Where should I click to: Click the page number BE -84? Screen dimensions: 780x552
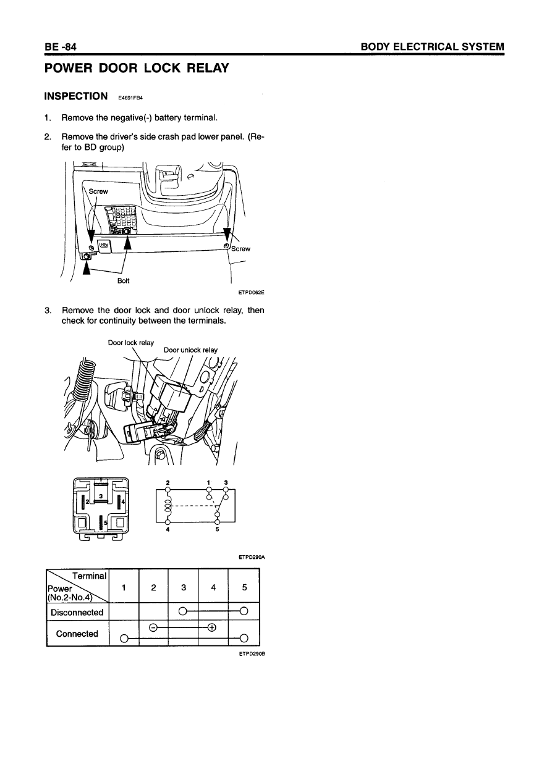point(59,47)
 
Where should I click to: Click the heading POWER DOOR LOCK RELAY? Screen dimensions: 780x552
point(137,68)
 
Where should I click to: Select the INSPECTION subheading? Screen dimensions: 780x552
point(77,96)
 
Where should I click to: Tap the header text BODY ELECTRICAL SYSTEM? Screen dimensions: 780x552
point(433,47)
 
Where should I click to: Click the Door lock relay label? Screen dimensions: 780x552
point(131,343)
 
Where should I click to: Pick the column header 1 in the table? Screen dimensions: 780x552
point(124,589)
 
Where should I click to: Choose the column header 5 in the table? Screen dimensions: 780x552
point(244,589)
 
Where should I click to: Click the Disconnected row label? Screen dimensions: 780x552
point(77,613)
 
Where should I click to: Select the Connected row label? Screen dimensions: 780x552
point(77,634)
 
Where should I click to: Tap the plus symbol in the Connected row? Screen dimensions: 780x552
point(213,628)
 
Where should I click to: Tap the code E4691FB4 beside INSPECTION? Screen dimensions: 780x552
point(130,98)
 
